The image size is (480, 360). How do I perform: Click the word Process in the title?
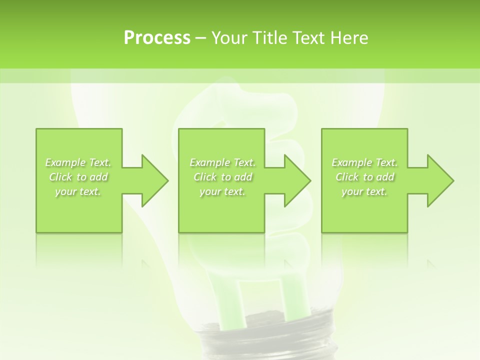click(157, 38)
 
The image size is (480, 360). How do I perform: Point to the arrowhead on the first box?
click(152, 180)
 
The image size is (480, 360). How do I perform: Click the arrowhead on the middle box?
click(295, 180)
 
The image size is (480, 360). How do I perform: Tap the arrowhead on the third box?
click(438, 180)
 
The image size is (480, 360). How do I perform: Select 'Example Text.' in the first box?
click(78, 162)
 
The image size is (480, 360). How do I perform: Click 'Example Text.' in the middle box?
click(222, 162)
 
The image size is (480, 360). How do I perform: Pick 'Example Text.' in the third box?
click(364, 162)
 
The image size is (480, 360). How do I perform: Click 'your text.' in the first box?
click(78, 191)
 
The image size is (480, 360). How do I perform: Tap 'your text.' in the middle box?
click(222, 191)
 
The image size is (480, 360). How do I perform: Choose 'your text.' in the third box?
click(364, 191)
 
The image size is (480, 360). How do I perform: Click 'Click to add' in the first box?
click(78, 177)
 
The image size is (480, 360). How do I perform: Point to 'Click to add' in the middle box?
click(222, 177)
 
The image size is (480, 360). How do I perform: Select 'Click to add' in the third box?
click(364, 177)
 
